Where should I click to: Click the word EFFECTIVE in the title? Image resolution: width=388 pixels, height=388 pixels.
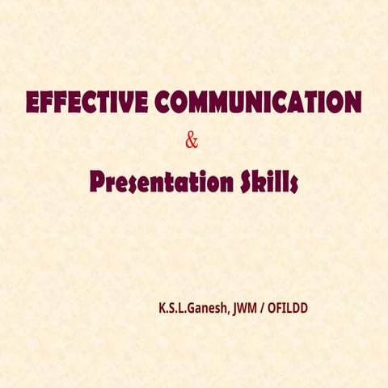[x=87, y=103]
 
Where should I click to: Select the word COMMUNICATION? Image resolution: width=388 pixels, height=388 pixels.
[x=257, y=103]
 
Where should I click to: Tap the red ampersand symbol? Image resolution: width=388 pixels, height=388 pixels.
[x=192, y=141]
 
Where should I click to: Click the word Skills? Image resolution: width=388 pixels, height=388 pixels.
[x=268, y=183]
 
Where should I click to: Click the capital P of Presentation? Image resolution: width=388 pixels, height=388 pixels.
[x=99, y=183]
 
